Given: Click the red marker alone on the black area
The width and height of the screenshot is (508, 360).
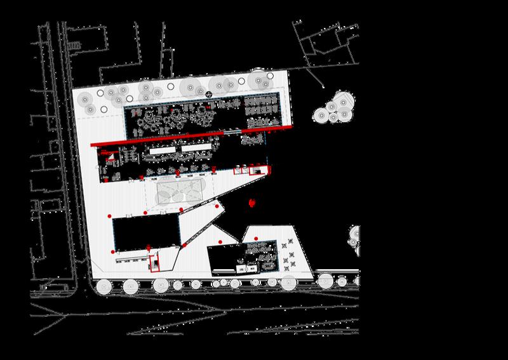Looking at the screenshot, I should pos(253,203).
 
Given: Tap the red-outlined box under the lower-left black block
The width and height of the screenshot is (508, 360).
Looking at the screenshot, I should pos(154,262).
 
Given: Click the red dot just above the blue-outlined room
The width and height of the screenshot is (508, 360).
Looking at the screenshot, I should pos(219,243).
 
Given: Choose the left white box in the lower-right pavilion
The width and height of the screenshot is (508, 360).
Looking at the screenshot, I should pos(241,269).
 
